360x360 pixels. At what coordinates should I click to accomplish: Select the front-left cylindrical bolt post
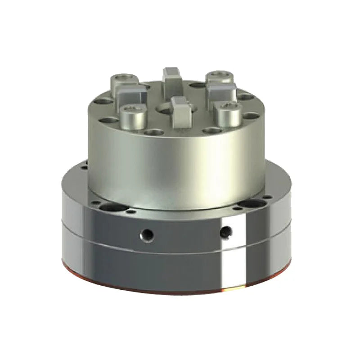click(130, 116)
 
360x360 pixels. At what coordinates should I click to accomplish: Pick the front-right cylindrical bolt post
click(227, 113)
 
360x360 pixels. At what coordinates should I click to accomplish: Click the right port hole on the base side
click(226, 231)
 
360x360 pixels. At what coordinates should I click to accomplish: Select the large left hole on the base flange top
click(109, 207)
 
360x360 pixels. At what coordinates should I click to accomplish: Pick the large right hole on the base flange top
click(248, 204)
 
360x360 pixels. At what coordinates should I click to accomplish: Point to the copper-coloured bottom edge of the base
click(175, 292)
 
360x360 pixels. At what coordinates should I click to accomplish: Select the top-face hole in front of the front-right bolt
click(210, 130)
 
